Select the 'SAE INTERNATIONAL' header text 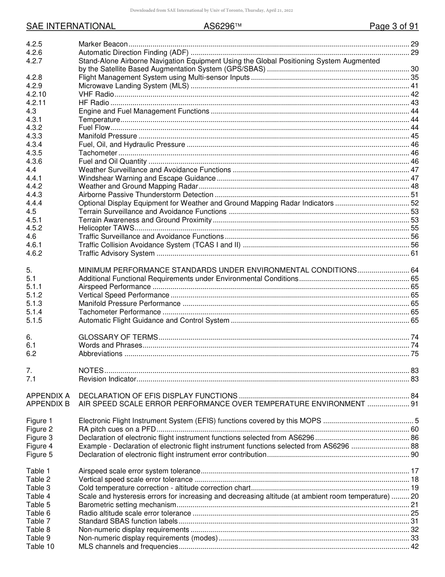pyautogui.click(x=71, y=26)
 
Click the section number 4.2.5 pyautogui.click(x=34, y=44)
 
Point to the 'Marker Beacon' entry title pyautogui.click(x=103, y=44)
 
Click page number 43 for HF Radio pyautogui.click(x=414, y=103)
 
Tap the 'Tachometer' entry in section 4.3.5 pyautogui.click(x=98, y=153)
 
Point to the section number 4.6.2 pyautogui.click(x=34, y=253)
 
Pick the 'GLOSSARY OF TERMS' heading pyautogui.click(x=118, y=337)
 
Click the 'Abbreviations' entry pyautogui.click(x=100, y=354)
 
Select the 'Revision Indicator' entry pyautogui.click(x=107, y=379)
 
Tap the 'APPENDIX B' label pyautogui.click(x=48, y=404)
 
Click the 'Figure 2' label pyautogui.click(x=39, y=429)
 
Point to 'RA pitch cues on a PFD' pyautogui.click(x=117, y=429)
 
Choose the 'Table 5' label pyautogui.click(x=38, y=505)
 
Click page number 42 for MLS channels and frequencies pyautogui.click(x=414, y=547)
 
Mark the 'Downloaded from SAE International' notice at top pyautogui.click(x=222, y=10)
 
